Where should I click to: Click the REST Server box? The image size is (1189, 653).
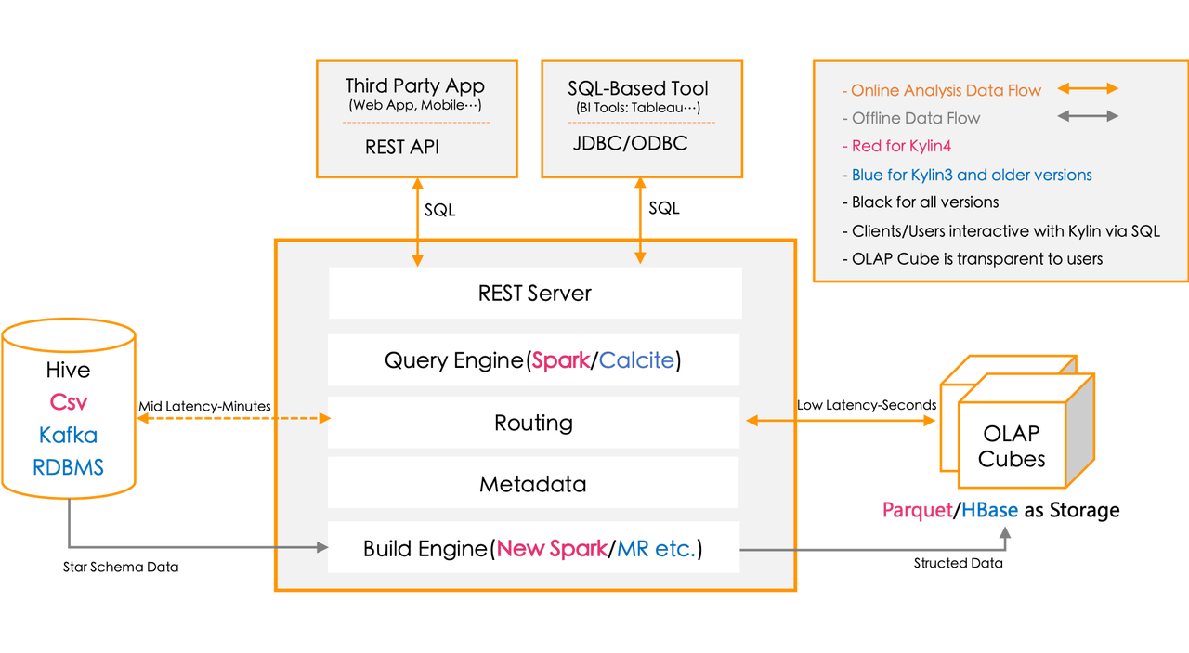click(x=534, y=294)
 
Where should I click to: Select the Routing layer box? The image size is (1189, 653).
click(x=533, y=423)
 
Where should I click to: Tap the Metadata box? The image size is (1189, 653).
click(x=533, y=484)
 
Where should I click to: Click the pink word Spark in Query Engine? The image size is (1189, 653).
click(x=561, y=360)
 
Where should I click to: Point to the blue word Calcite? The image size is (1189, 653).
click(x=636, y=360)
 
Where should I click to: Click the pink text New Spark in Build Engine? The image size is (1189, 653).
click(x=552, y=549)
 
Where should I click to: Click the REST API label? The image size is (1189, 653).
click(x=402, y=147)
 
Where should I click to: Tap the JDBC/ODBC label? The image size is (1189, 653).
click(x=630, y=144)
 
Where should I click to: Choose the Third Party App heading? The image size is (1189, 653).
click(x=414, y=86)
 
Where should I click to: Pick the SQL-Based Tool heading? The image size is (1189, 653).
click(x=637, y=88)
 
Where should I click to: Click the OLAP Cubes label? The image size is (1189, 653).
click(x=1012, y=446)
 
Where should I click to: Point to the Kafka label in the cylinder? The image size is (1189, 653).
click(x=69, y=435)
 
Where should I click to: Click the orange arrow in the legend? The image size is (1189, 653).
click(x=1088, y=89)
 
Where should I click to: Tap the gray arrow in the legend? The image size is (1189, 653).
click(x=1088, y=117)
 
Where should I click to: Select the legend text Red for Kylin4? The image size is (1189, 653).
click(x=901, y=146)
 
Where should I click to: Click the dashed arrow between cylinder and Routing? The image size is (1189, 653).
click(x=232, y=419)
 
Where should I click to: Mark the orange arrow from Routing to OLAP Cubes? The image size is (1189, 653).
click(x=841, y=422)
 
